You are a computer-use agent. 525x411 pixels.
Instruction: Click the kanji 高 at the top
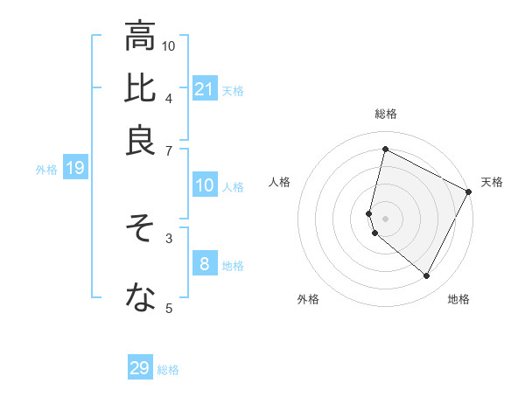coord(140,37)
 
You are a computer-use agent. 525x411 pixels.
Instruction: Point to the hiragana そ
coord(140,229)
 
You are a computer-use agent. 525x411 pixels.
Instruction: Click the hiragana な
coord(140,299)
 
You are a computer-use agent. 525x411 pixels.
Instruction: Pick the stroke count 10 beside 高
coord(169,45)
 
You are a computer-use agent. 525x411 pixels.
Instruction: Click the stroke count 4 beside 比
coord(169,97)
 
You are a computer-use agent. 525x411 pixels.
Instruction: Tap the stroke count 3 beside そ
coord(169,237)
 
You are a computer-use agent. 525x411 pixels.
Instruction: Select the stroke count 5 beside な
coord(169,307)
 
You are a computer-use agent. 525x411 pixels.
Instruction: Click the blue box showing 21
coord(205,88)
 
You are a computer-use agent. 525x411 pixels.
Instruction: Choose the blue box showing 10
coord(205,185)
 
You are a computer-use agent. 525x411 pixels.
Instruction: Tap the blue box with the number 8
coord(205,264)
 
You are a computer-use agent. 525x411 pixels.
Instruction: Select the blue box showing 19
coord(75,169)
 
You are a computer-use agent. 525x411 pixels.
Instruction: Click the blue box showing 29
coord(140,368)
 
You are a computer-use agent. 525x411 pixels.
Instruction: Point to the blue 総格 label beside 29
coord(169,370)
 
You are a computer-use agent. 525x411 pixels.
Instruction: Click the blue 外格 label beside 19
coord(46,170)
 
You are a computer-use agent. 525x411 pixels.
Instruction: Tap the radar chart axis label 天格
coord(492,182)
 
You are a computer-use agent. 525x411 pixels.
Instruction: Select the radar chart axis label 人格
coord(280,182)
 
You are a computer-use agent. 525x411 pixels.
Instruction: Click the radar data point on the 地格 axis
coord(427,276)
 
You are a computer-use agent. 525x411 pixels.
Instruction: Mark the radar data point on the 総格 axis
coord(385,150)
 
